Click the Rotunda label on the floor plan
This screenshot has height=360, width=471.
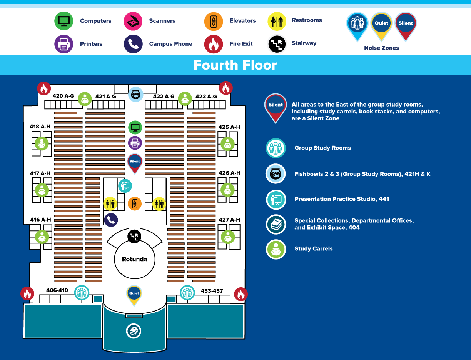[134, 259]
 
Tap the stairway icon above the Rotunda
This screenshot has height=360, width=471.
[134, 237]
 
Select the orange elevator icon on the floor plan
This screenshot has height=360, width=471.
[135, 203]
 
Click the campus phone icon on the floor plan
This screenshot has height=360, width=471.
[111, 220]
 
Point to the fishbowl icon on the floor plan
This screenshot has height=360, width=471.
[135, 94]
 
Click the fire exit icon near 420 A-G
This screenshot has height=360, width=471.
[44, 88]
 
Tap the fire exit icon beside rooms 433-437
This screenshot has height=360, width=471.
[241, 294]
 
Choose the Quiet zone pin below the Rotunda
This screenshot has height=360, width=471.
[134, 294]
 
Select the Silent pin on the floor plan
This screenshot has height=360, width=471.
[135, 162]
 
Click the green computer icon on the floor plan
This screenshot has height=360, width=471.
[135, 127]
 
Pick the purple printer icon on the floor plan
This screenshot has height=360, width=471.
[135, 143]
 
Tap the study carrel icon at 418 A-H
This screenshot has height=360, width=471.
[42, 143]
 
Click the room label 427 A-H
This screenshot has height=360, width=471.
[229, 220]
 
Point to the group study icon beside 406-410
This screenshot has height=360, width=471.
[82, 293]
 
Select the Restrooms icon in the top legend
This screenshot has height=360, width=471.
[277, 21]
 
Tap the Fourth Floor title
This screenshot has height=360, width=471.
[235, 65]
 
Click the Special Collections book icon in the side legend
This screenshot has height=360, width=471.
[276, 224]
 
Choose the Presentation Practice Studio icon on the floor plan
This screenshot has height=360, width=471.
[125, 186]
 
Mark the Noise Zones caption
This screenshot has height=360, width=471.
[381, 48]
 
